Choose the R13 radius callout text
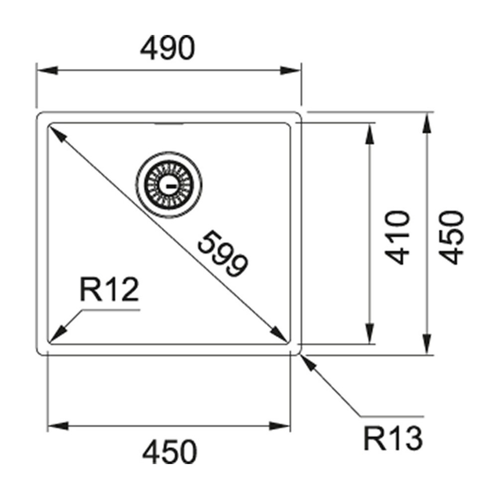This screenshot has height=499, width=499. [393, 439]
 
